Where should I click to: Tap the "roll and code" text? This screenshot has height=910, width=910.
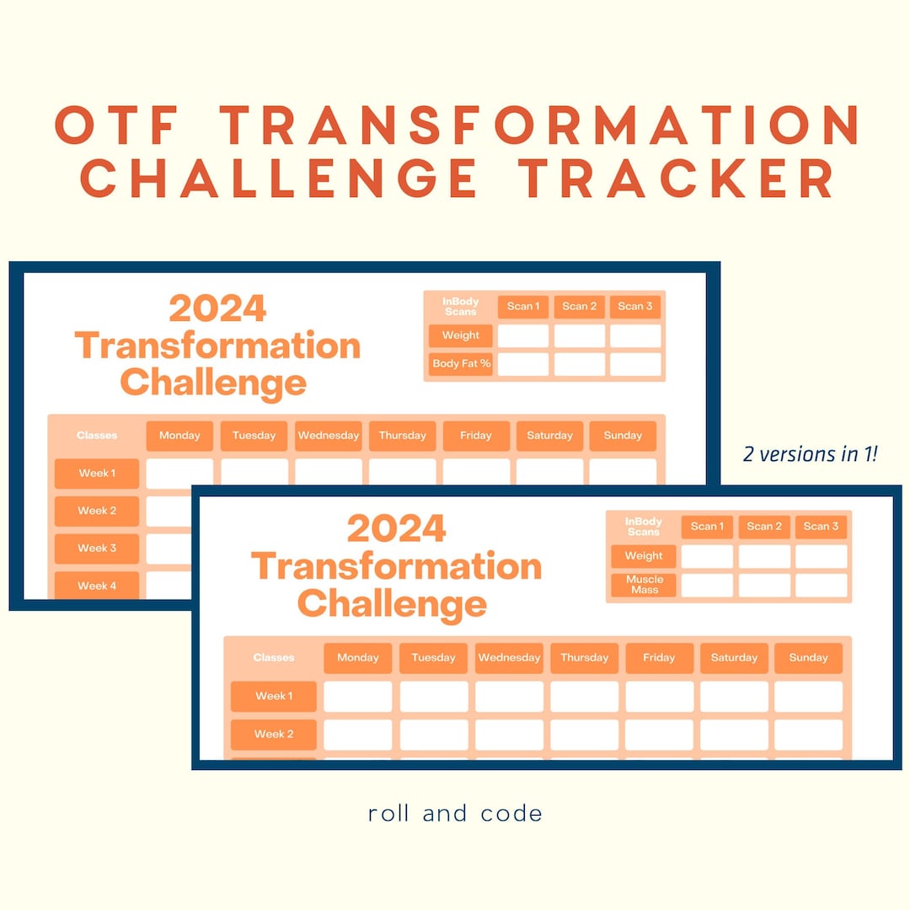(x=455, y=813)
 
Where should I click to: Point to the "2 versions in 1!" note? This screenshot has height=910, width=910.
(x=810, y=454)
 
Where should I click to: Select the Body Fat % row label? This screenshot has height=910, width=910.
(x=461, y=364)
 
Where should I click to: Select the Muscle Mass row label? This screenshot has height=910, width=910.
(x=645, y=585)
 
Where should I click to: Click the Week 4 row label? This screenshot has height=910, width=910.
(x=97, y=586)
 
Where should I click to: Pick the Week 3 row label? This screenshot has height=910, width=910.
(x=97, y=548)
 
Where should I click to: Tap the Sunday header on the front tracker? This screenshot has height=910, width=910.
(x=808, y=657)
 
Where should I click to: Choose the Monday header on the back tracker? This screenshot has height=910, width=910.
(x=179, y=436)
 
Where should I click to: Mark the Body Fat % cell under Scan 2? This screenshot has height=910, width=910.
(x=580, y=364)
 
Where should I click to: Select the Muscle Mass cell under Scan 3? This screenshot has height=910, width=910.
(x=821, y=585)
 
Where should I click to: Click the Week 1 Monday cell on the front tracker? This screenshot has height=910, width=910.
(x=357, y=696)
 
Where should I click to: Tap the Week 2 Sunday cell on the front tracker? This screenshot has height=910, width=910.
(x=808, y=734)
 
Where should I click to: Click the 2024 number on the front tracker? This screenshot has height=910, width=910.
(x=396, y=529)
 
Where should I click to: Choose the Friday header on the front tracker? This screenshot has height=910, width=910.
(x=659, y=657)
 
